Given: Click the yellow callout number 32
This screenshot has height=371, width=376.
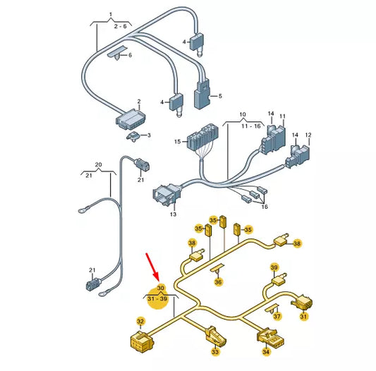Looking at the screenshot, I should click(x=140, y=321).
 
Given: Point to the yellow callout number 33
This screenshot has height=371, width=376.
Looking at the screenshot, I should click(x=214, y=351).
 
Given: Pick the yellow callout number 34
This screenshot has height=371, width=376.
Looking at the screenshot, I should click(x=266, y=351).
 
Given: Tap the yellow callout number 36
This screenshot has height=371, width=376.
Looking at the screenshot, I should click(x=218, y=282).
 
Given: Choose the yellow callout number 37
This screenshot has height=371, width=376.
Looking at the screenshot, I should click(x=277, y=317).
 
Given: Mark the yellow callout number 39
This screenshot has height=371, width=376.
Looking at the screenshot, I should click(x=274, y=267).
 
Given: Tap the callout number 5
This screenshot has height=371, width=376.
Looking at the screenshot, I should click(x=219, y=96).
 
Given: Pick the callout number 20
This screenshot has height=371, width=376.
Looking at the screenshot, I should click(x=99, y=166).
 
